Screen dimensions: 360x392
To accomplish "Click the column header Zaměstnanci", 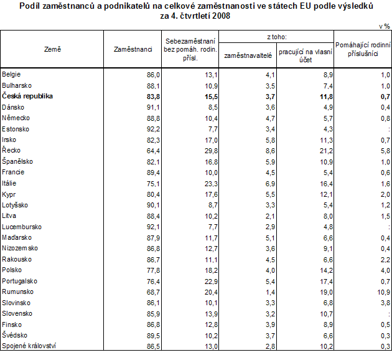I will (133, 49).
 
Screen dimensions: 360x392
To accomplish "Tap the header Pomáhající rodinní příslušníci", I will (362, 49).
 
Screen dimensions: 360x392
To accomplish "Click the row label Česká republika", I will (27, 96).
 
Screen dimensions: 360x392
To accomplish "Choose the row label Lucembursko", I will (22, 226).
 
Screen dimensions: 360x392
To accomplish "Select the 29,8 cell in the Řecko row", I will (212, 150).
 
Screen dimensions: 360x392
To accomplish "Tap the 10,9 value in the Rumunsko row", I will (383, 291).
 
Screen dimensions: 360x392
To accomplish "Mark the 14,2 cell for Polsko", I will (325, 270).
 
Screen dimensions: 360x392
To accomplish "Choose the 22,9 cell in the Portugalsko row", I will (212, 281).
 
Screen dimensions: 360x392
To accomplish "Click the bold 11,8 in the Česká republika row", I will (325, 96).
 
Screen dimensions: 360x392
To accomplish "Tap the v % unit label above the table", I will (384, 27).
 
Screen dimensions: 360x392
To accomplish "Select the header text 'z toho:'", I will (276, 37).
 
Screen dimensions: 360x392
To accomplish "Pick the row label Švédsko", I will (16, 334).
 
